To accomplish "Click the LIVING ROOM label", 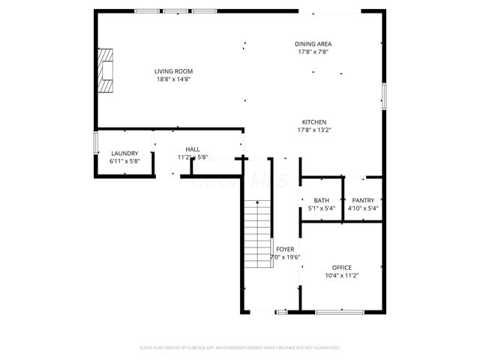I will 173,71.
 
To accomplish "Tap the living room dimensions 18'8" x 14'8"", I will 173,79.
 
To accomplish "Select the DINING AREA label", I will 313,44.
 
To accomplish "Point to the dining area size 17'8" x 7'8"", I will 313,52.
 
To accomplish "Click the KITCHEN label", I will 314,122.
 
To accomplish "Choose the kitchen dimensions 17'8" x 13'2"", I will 314,130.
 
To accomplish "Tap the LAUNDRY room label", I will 124,153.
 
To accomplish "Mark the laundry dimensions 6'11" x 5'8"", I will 124,161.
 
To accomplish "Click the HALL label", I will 193,149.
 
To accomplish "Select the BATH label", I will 322,200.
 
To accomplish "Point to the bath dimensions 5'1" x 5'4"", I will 322,208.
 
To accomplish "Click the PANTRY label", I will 363,200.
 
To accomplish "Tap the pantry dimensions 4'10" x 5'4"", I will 363,208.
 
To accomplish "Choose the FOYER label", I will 285,249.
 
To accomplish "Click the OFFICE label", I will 342,268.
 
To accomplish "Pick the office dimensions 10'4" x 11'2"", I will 342,276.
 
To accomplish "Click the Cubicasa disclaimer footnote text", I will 240,348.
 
